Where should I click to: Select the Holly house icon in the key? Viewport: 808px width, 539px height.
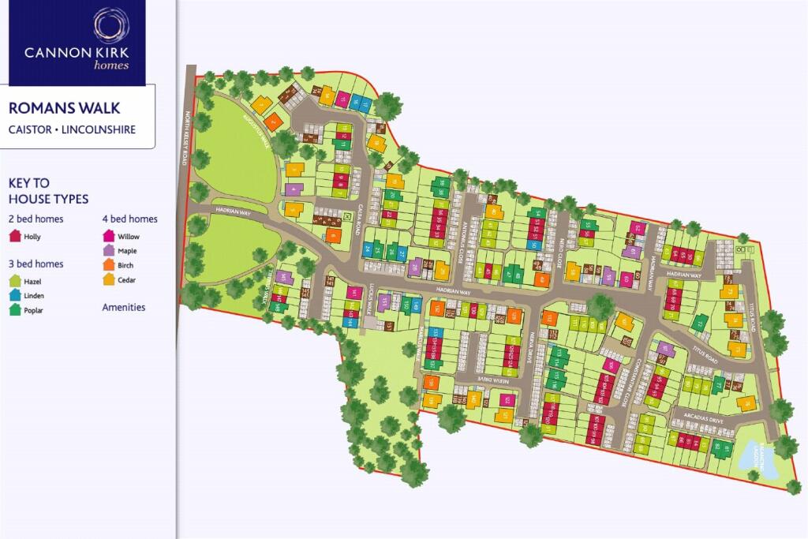coord(14,236)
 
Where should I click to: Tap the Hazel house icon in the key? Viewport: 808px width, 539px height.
coord(14,280)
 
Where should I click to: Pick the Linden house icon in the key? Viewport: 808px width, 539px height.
coord(14,295)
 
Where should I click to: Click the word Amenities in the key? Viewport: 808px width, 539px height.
coord(124,307)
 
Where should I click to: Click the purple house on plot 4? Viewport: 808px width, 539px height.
coord(294,189)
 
